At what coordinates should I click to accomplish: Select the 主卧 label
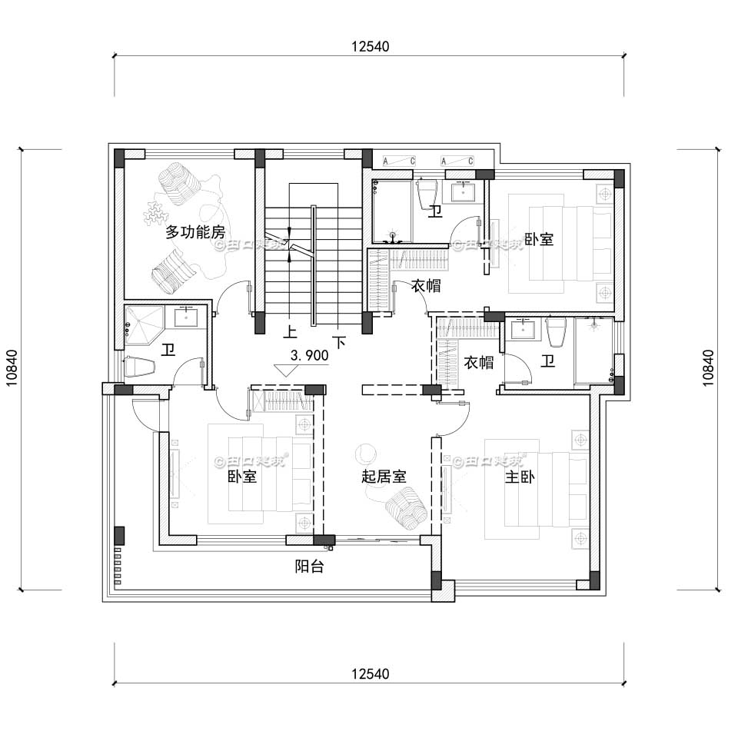tap(520, 477)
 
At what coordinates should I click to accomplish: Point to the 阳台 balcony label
tap(309, 567)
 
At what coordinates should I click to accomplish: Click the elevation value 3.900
tap(310, 355)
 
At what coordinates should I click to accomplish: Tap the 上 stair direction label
tap(291, 333)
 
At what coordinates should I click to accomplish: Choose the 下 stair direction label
tap(338, 338)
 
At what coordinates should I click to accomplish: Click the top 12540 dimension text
tap(371, 45)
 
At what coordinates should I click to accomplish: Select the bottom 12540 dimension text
tap(371, 674)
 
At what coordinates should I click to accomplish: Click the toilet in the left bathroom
tap(139, 367)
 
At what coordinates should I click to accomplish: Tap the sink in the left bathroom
tap(187, 315)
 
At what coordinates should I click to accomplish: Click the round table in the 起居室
tap(366, 454)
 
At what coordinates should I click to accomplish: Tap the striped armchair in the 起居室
tap(405, 509)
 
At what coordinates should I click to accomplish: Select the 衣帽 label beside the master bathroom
tap(479, 362)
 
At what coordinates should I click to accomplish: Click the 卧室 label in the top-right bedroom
tap(539, 239)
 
